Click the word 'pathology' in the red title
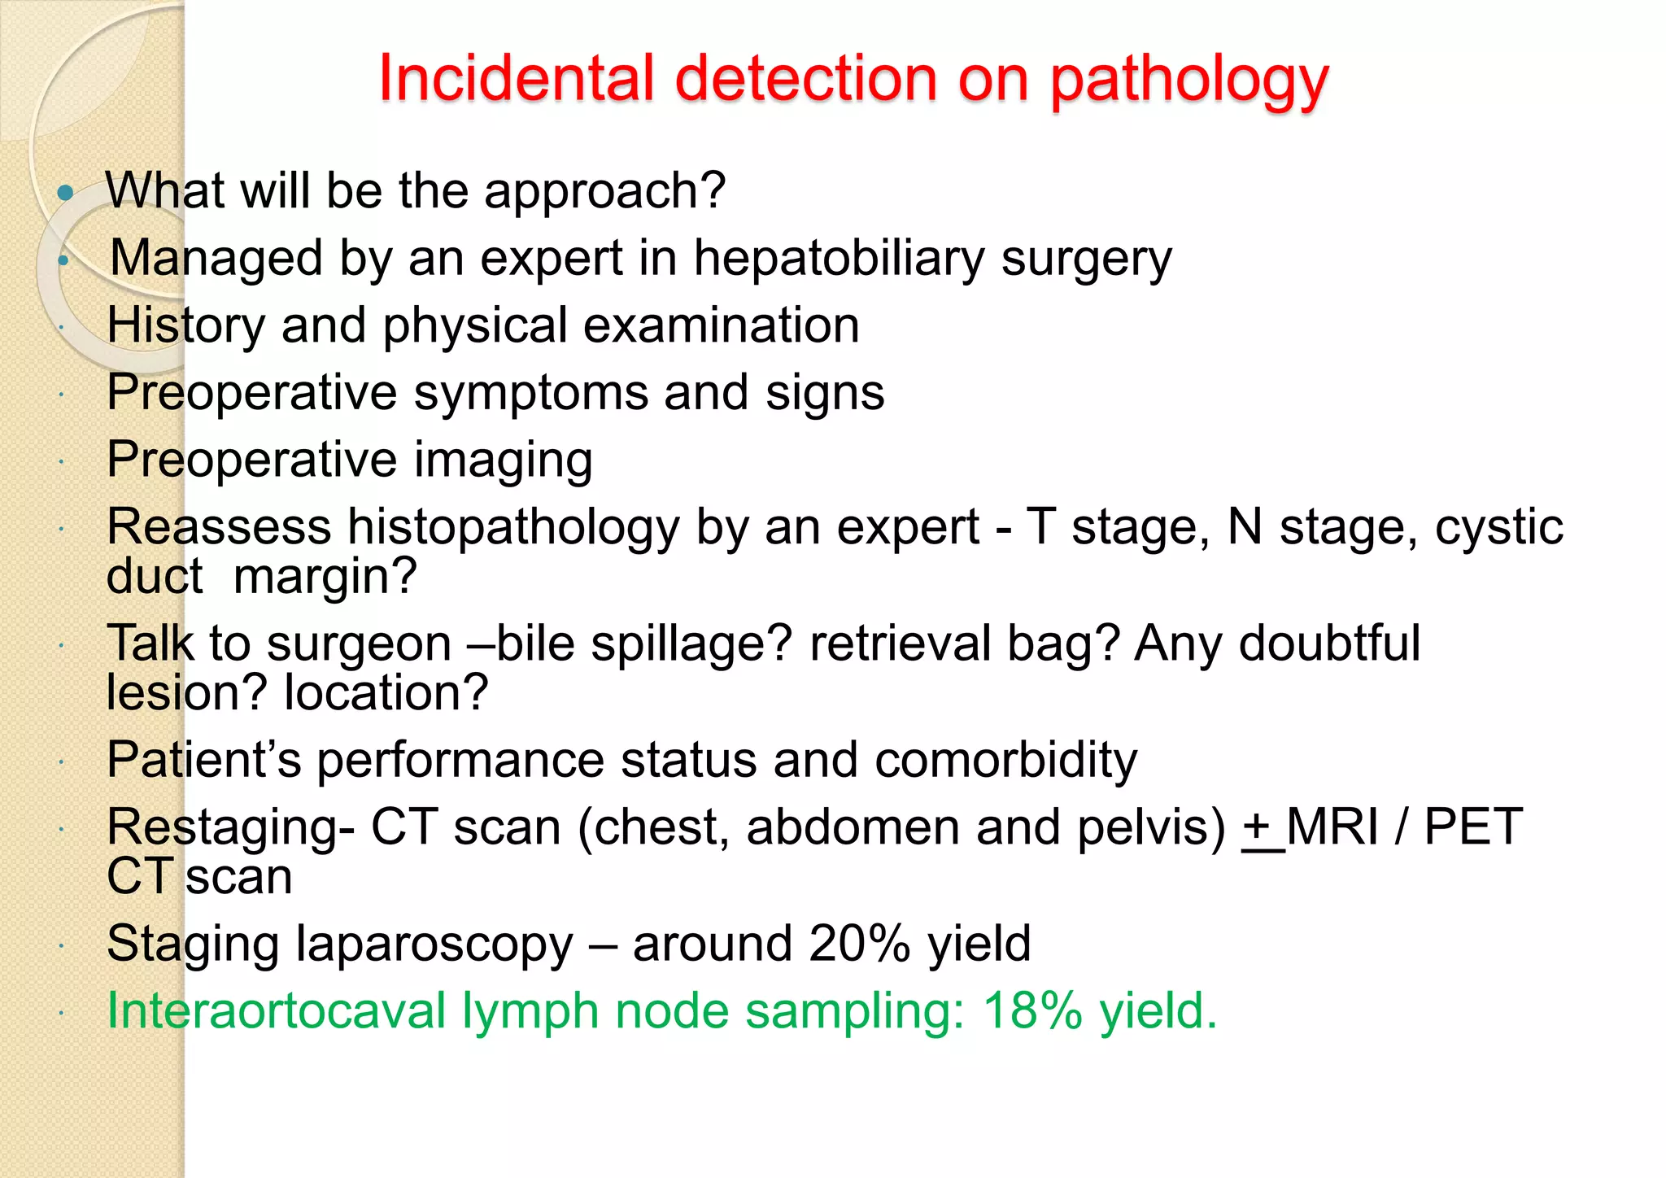tap(1188, 81)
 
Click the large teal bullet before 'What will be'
tap(66, 193)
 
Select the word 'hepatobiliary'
tap(839, 260)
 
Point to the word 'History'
tap(186, 326)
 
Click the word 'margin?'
tap(325, 577)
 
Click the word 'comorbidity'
tap(1005, 761)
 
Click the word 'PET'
tap(1473, 827)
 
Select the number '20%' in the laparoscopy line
tap(859, 945)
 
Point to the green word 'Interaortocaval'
tap(277, 1011)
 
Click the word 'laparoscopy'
tap(434, 945)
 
